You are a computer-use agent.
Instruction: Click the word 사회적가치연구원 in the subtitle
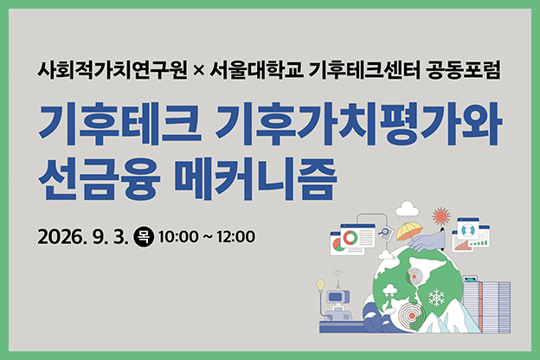point(112,70)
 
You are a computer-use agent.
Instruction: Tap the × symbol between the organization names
point(199,71)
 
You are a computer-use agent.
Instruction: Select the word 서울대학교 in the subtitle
point(256,70)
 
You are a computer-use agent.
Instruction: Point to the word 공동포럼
point(463,70)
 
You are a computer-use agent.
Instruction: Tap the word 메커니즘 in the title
point(254,179)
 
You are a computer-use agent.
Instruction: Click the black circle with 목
point(144,236)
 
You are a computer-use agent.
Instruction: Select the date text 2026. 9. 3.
point(83,237)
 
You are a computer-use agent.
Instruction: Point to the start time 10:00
point(178,237)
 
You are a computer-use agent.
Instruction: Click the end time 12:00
point(236,237)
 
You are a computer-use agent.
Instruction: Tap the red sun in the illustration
point(441,216)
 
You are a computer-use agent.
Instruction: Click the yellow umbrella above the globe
point(409,231)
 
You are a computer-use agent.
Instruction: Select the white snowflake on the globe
point(436,298)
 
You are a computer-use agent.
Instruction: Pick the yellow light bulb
point(320,286)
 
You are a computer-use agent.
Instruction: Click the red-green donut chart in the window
point(350,237)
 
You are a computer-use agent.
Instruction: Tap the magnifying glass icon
point(383,232)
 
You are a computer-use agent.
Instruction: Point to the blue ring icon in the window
point(467,228)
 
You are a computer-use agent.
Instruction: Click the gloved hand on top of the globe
point(426,240)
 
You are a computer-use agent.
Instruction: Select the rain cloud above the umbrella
point(407,209)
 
